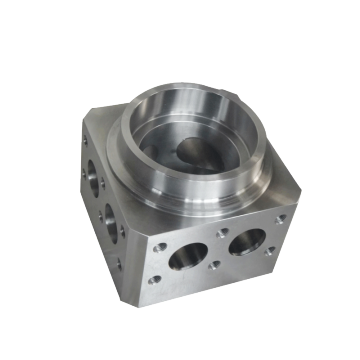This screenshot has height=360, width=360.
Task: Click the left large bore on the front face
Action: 187,258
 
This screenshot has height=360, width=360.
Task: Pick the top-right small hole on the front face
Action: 281,218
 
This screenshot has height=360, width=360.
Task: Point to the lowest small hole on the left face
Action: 118,266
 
